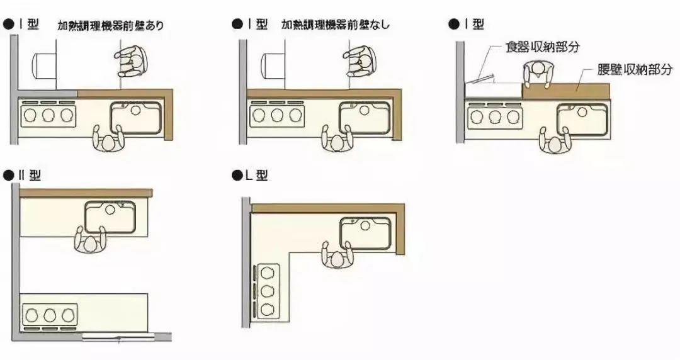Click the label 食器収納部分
coord(543,47)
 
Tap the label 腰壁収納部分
coord(635,69)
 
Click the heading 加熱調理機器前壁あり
coord(111,25)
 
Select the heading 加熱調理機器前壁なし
coord(335,25)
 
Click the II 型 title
coord(29,175)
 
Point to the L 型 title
coord(257,175)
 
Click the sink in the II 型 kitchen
coord(110,217)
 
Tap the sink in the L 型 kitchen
coord(366,233)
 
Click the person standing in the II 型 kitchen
coord(90,239)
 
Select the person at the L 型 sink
coord(337,255)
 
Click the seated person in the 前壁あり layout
coord(132,62)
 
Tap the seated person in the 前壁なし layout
coord(360,62)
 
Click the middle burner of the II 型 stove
coord(50,315)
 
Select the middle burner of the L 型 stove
coord(267,291)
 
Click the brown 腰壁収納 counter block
coord(566,91)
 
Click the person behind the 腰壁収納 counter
coord(538,74)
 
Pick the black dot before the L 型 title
coord(237,176)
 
